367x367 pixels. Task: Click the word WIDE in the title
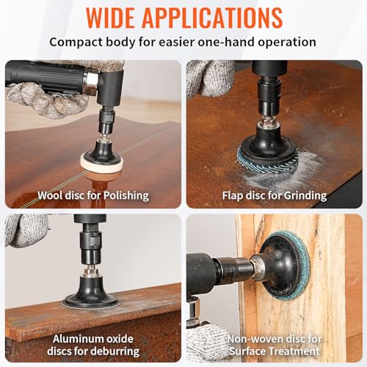(x=110, y=18)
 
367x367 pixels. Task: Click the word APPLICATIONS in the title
(x=212, y=18)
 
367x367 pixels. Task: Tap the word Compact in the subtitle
(x=76, y=42)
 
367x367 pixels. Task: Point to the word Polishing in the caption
(x=126, y=196)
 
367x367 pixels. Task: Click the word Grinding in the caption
(x=305, y=196)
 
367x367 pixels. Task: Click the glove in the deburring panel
(x=26, y=230)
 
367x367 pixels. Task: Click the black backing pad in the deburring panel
(x=91, y=291)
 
